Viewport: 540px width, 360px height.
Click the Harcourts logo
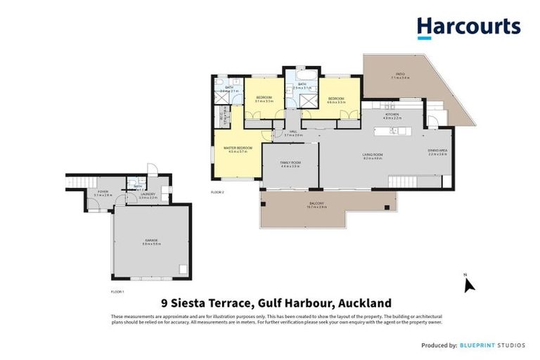pos(468,27)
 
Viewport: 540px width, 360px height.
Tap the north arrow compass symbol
pos(469,284)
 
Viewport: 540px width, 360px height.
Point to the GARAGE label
pos(151,240)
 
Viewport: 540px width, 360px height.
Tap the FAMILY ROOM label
pos(290,164)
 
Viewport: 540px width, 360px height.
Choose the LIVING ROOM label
pos(372,155)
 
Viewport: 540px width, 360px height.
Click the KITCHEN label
pos(392,115)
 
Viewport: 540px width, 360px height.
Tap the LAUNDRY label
pos(148,197)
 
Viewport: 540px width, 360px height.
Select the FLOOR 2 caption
pos(217,191)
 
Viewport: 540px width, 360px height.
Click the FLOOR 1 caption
pos(117,290)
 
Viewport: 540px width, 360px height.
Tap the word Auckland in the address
pos(365,304)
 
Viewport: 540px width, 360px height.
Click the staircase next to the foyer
pos(75,184)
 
